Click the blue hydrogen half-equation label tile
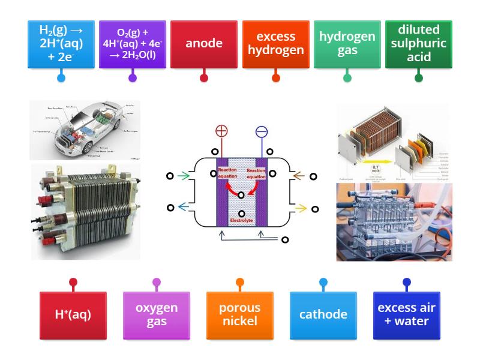[61, 44]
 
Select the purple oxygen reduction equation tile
[132, 44]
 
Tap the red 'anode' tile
[204, 44]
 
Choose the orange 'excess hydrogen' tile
[275, 44]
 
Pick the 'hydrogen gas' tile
[347, 44]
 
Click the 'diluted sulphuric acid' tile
[418, 44]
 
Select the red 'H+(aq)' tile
[73, 314]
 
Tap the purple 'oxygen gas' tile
[157, 314]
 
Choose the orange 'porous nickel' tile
[239, 314]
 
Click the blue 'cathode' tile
[323, 314]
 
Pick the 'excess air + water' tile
[406, 314]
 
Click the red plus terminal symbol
[222, 132]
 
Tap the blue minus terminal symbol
[262, 132]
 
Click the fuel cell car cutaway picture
[84, 130]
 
